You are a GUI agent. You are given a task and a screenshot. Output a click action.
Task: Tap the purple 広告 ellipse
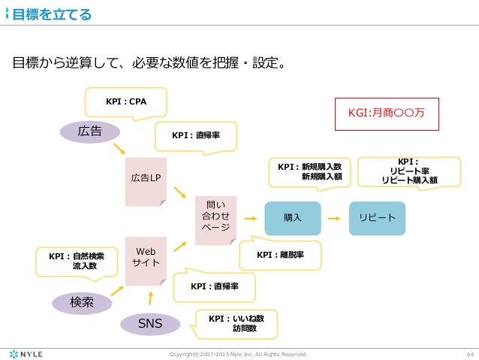90,132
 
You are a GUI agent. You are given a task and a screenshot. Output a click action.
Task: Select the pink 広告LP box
146,178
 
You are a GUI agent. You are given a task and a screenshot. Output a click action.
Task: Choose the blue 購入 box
292,217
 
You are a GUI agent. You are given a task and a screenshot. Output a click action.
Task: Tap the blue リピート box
377,217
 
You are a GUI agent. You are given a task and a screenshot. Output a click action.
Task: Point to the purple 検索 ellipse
81,302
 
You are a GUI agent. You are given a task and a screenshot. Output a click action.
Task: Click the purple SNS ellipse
152,323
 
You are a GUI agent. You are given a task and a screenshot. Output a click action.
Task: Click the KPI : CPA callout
125,101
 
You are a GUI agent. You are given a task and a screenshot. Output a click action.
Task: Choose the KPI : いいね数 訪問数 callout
237,324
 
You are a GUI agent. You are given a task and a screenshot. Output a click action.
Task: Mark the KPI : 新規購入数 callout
309,171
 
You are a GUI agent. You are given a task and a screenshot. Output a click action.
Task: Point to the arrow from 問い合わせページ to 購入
250,217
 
